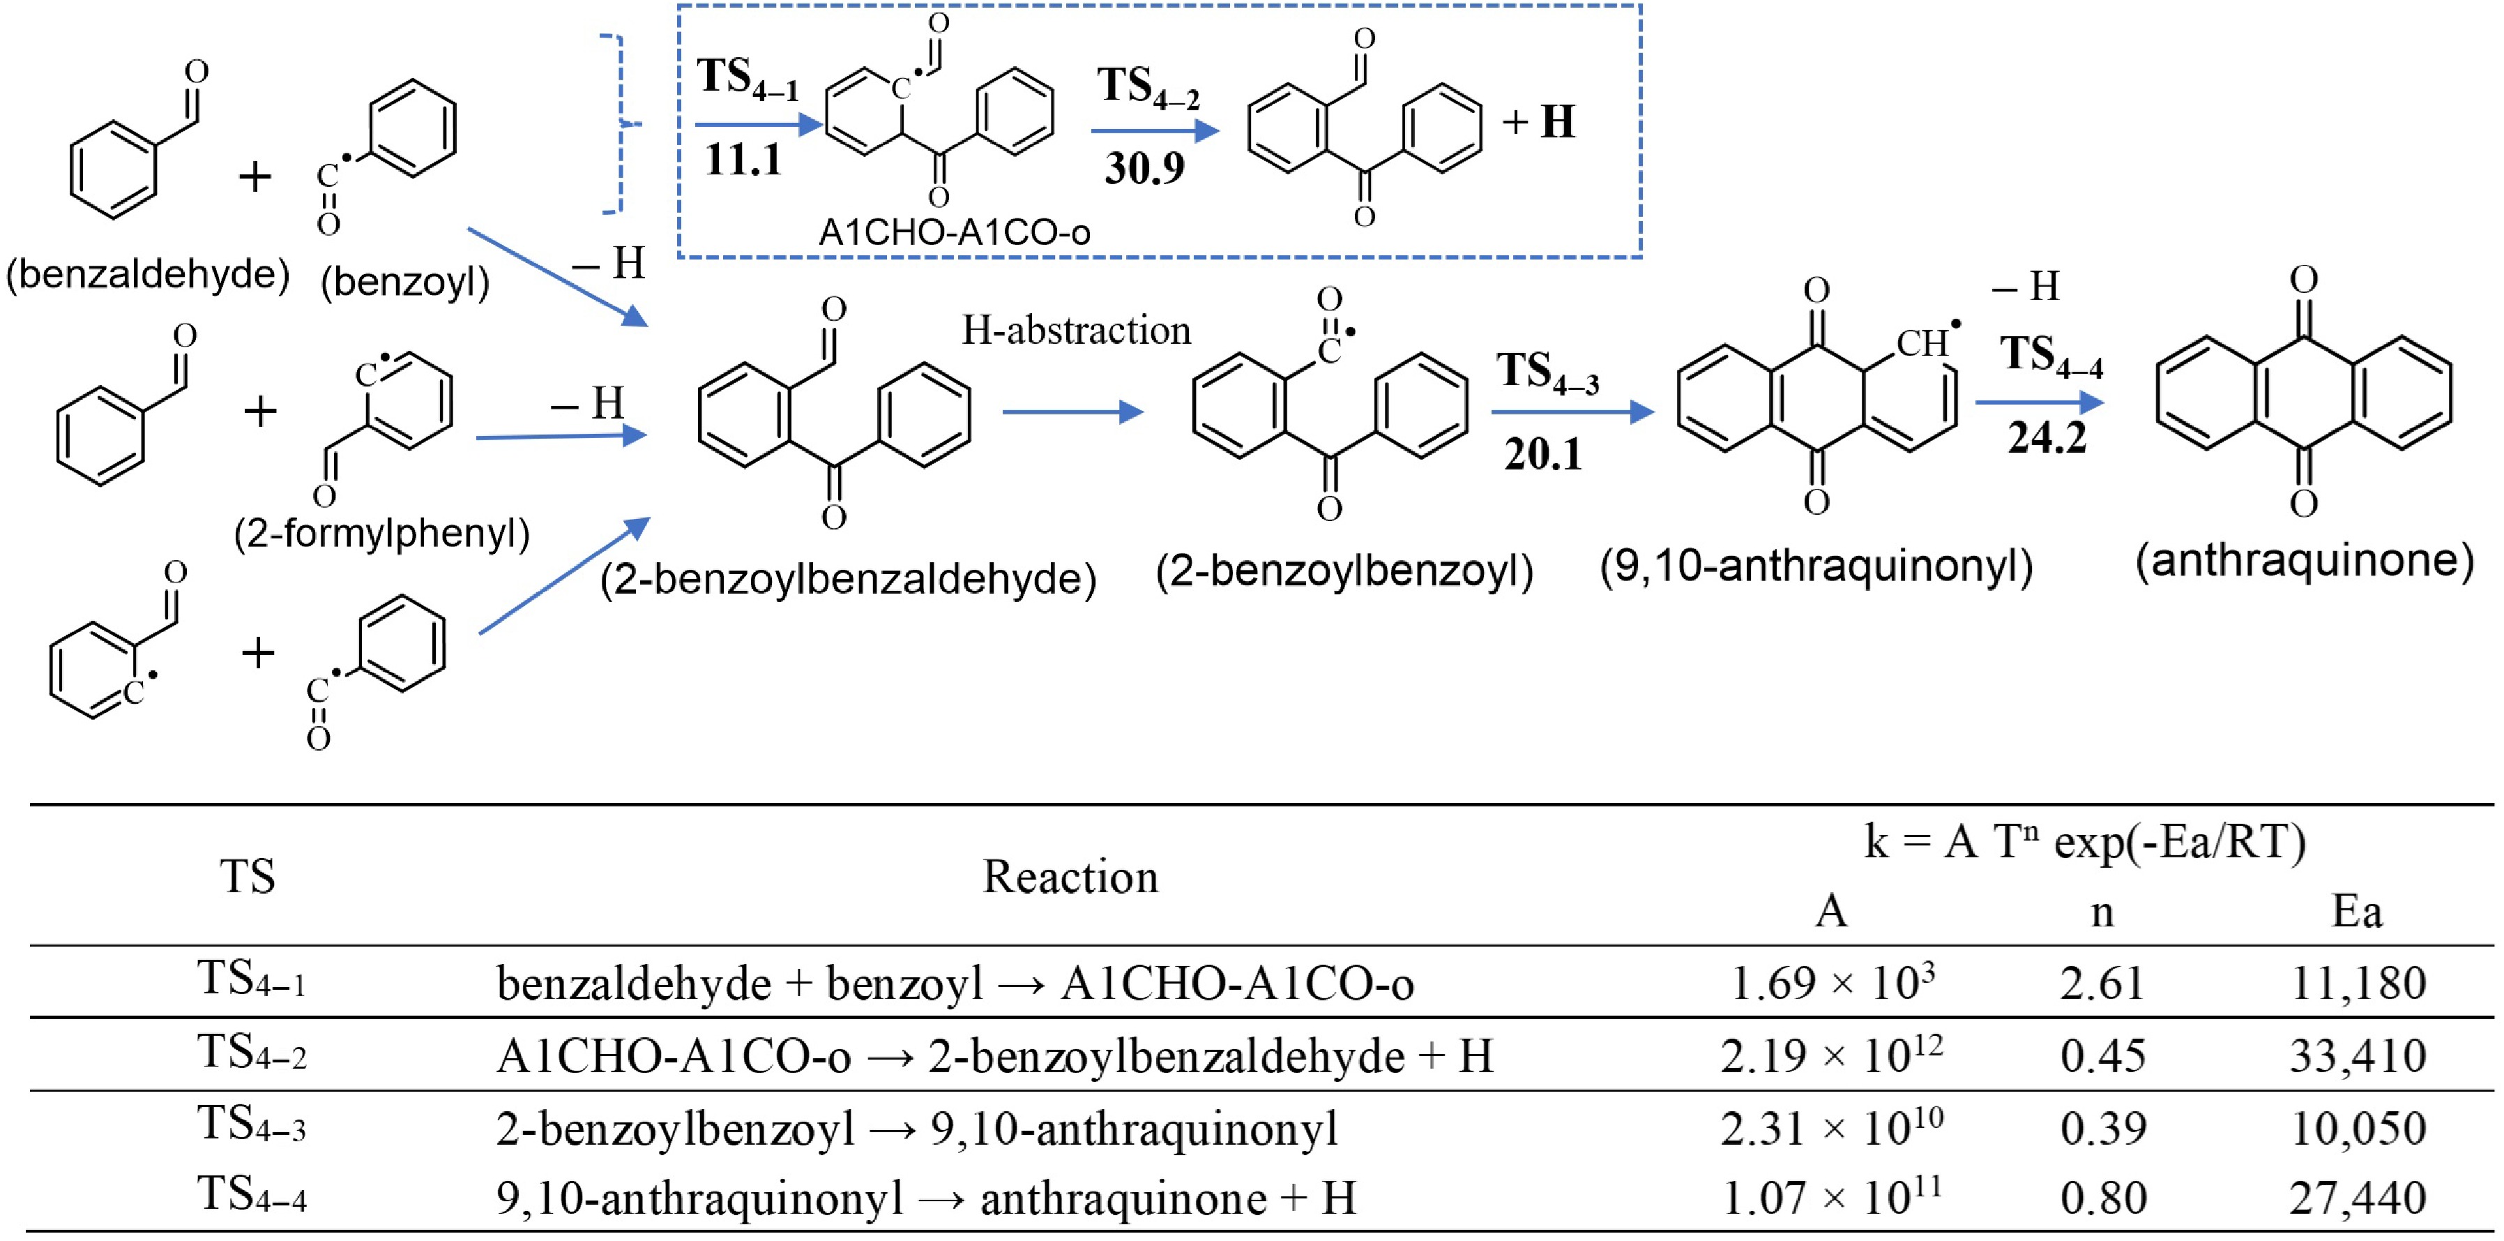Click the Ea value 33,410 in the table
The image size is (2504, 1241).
(2358, 1056)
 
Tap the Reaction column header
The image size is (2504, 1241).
(1070, 878)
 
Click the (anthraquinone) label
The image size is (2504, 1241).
(2305, 561)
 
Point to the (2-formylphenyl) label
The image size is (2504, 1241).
(382, 534)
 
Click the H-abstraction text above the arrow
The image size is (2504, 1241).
(1076, 331)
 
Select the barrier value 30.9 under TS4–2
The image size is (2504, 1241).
(1144, 168)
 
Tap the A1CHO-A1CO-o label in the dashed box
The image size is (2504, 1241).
(955, 232)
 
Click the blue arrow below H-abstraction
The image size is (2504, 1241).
(1073, 412)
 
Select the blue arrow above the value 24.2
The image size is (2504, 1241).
(2040, 402)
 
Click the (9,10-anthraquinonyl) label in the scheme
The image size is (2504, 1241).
(1816, 565)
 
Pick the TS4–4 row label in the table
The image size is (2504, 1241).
(252, 1196)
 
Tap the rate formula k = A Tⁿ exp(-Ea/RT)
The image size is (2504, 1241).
(2085, 842)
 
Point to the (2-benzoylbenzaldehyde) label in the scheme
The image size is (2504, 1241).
(849, 580)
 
